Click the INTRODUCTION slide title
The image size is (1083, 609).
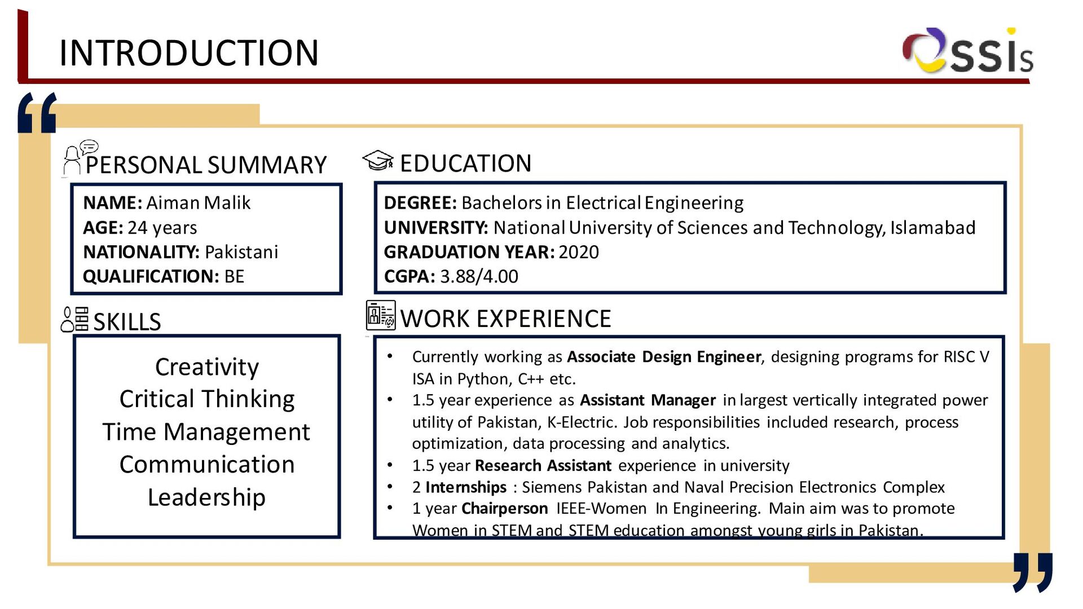pyautogui.click(x=189, y=53)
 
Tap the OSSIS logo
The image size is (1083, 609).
pyautogui.click(x=967, y=52)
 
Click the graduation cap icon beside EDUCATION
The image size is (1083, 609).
pyautogui.click(x=377, y=161)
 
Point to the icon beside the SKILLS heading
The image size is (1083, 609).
pyautogui.click(x=75, y=320)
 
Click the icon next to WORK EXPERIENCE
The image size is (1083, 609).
pyautogui.click(x=380, y=315)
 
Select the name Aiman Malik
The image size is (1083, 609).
pyautogui.click(x=198, y=203)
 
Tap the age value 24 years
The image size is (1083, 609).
pyautogui.click(x=162, y=228)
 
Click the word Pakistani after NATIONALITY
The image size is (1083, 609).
pyautogui.click(x=241, y=252)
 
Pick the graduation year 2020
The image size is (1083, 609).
pyautogui.click(x=578, y=252)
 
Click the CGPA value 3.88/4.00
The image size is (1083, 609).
pyautogui.click(x=479, y=277)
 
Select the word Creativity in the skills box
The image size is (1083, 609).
pyautogui.click(x=207, y=367)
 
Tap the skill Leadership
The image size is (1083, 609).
pyautogui.click(x=206, y=497)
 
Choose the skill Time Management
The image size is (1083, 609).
pyautogui.click(x=206, y=432)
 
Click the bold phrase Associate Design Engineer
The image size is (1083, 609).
pyautogui.click(x=664, y=357)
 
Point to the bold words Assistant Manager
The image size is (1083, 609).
pyautogui.click(x=648, y=400)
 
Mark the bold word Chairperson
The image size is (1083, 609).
pyautogui.click(x=504, y=509)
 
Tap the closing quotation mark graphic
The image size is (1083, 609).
pyautogui.click(x=1032, y=571)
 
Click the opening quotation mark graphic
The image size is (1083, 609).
pyautogui.click(x=37, y=113)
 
